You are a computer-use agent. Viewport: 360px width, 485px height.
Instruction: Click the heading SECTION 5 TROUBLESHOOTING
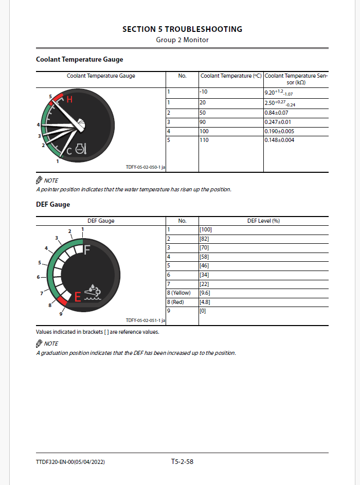click(x=182, y=29)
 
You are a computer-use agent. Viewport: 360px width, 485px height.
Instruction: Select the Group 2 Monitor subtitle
click(x=182, y=40)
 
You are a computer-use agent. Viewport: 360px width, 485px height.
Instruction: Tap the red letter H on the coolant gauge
click(x=69, y=100)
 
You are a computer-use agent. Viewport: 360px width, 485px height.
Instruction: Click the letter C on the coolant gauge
click(x=69, y=151)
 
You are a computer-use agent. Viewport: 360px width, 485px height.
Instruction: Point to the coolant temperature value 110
click(x=204, y=140)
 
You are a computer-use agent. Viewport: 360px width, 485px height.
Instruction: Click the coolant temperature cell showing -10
click(x=204, y=92)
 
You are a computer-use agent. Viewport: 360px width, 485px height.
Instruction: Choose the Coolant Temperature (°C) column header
click(x=231, y=76)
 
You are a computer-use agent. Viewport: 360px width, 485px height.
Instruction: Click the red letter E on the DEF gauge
click(x=78, y=297)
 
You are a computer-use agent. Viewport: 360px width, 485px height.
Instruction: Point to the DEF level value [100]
click(x=206, y=229)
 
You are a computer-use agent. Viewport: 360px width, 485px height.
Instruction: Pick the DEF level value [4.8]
click(x=205, y=302)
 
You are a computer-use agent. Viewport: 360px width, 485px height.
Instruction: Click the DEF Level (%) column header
click(x=263, y=221)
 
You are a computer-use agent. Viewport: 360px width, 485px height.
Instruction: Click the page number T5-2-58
click(x=182, y=462)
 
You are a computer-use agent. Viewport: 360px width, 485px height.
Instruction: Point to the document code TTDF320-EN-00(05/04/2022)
click(x=70, y=462)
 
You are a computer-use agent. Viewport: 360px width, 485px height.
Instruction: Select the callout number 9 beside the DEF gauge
click(x=61, y=314)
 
